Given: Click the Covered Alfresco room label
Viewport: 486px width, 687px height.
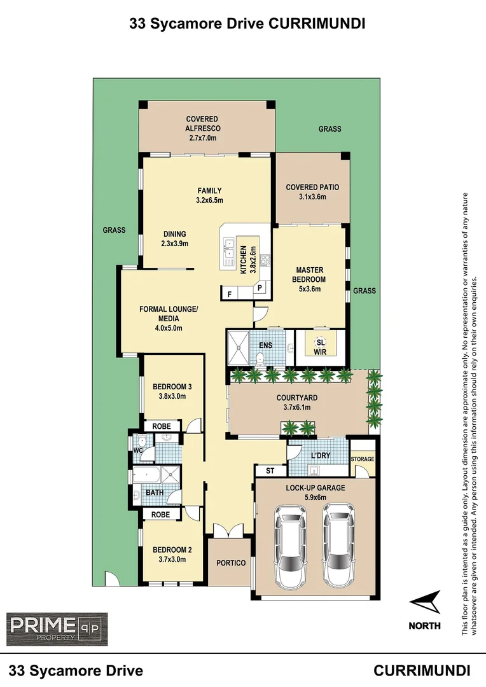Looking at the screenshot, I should click(x=202, y=123).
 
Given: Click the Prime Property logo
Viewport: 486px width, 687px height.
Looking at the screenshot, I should click(x=57, y=629).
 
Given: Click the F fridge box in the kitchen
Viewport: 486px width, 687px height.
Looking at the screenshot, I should click(x=229, y=293).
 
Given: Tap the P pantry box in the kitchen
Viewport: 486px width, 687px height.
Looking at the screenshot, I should click(x=260, y=288).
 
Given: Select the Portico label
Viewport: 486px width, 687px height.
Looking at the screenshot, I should click(x=230, y=563).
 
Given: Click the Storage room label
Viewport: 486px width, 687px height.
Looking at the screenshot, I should click(x=363, y=459).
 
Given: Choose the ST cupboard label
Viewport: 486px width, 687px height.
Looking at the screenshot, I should click(x=269, y=471).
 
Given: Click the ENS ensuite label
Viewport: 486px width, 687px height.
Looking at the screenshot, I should click(x=265, y=347).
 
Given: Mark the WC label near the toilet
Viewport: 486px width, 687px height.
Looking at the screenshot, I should click(x=137, y=451).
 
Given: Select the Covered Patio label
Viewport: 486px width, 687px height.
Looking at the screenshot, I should click(x=312, y=187).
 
